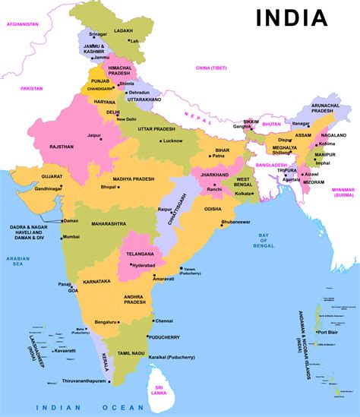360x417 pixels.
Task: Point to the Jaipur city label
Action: pyautogui.click(x=94, y=136)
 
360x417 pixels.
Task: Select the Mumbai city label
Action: pyautogui.click(x=71, y=237)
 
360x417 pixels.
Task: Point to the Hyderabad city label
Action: pyautogui.click(x=143, y=266)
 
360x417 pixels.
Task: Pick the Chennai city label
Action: pyautogui.click(x=165, y=321)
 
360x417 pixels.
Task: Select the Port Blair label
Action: pyautogui.click(x=328, y=332)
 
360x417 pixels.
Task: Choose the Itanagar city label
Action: pyautogui.click(x=302, y=123)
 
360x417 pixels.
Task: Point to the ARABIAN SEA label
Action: pyautogui.click(x=17, y=262)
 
